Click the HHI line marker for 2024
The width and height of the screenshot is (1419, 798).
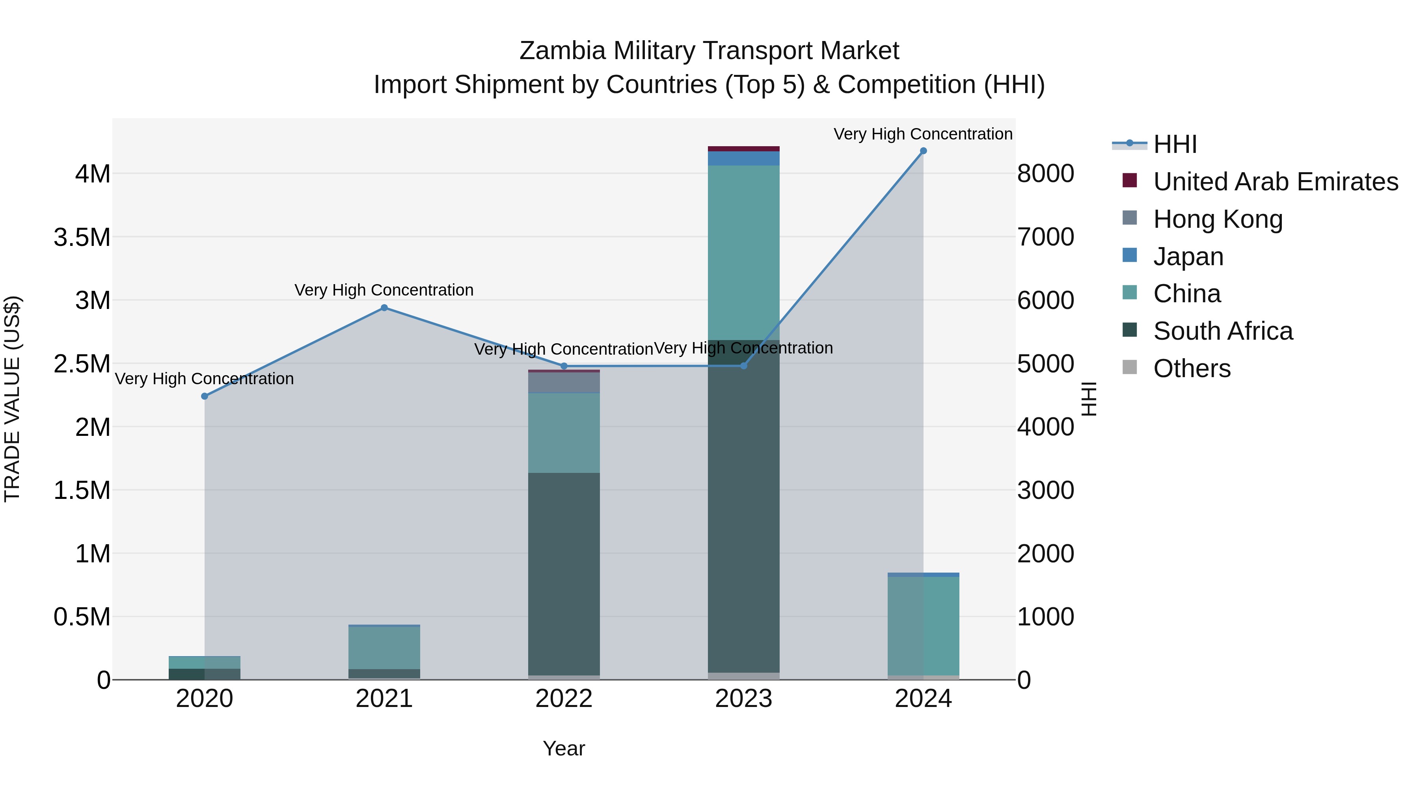(923, 151)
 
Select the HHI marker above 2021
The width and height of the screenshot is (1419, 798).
(384, 308)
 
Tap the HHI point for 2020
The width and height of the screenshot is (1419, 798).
(204, 396)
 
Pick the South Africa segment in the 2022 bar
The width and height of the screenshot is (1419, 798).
(564, 573)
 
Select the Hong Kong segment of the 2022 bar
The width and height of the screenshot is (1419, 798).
(564, 382)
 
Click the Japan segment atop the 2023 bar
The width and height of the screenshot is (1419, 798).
(743, 158)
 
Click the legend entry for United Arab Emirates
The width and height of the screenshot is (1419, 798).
(1275, 182)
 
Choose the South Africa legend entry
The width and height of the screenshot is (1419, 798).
(1222, 331)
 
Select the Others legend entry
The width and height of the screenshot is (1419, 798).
(1192, 368)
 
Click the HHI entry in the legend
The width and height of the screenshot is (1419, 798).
(1175, 144)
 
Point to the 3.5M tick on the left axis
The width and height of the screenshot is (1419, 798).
(82, 237)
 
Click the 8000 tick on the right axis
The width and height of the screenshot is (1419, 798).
(1045, 173)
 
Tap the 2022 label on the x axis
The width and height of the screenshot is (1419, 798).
(564, 699)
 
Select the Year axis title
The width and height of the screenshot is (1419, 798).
(564, 748)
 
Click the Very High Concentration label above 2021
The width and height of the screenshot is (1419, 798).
(384, 290)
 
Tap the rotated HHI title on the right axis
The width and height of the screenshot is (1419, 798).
(1088, 399)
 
